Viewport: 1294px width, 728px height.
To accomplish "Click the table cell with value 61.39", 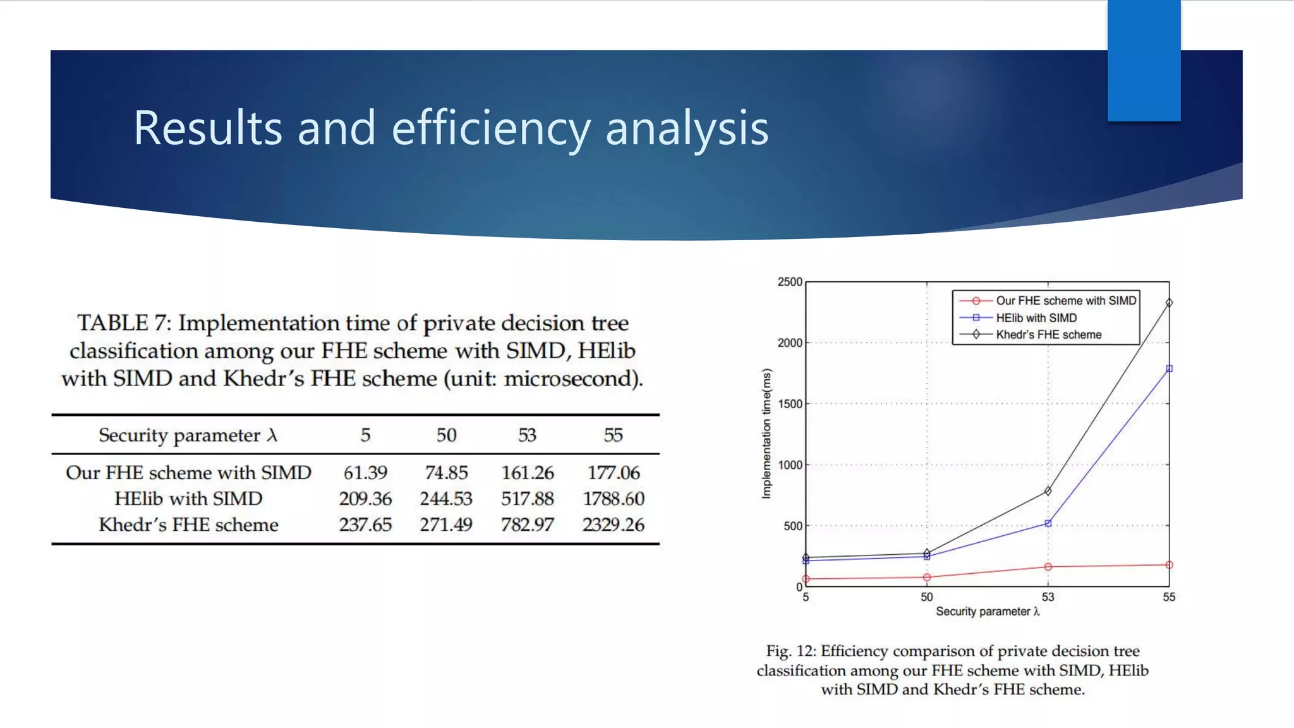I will (365, 473).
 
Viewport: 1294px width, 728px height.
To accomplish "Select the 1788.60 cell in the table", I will (614, 499).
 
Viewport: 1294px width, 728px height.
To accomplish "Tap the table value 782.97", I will (527, 525).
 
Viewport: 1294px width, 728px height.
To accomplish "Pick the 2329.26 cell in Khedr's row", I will (614, 525).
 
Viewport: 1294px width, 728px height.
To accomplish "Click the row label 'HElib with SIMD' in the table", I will (188, 499).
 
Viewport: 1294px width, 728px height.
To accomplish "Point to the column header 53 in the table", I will (527, 435).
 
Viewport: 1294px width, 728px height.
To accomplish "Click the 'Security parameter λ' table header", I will (188, 435).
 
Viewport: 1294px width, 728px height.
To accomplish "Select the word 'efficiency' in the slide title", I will (491, 128).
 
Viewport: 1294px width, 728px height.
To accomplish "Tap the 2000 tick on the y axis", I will (790, 343).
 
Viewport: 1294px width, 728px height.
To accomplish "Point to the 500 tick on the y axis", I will (793, 526).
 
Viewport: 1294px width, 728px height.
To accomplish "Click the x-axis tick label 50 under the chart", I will (926, 597).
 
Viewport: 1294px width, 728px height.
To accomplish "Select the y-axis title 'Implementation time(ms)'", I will (766, 434).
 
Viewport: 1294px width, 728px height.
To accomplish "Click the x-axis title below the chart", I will (988, 611).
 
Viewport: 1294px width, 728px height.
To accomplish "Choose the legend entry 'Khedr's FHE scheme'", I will (1048, 334).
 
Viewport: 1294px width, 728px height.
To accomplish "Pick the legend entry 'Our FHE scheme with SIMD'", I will (1066, 301).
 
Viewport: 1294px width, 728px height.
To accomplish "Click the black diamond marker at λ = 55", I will (1169, 303).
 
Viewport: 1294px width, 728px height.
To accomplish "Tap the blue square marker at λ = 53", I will (1048, 523).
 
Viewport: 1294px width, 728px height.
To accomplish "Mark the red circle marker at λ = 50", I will (926, 577).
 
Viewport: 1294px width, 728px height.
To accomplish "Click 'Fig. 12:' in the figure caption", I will (790, 651).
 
